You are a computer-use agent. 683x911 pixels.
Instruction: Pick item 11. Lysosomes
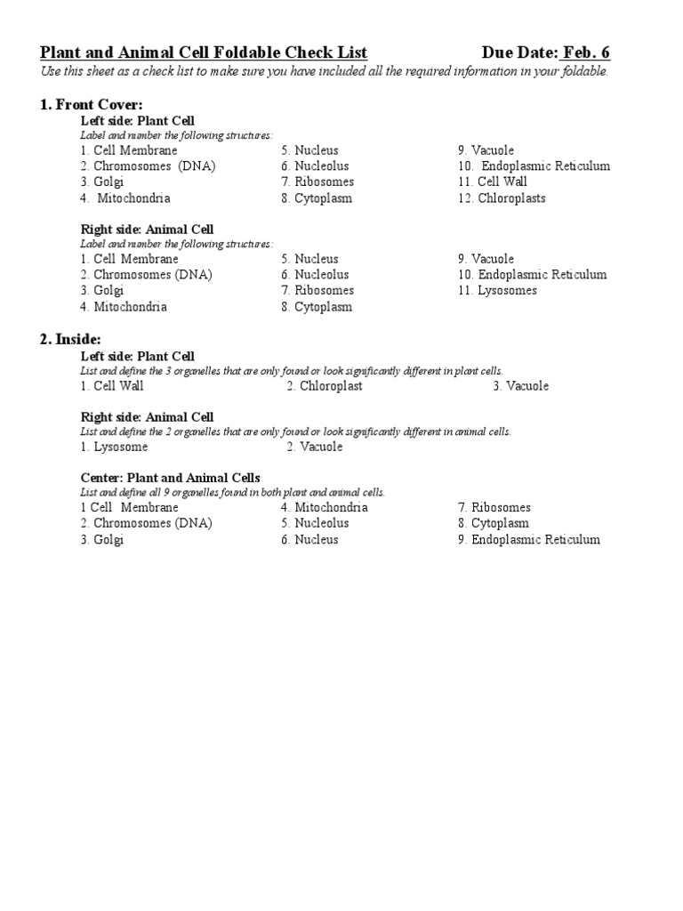[497, 291]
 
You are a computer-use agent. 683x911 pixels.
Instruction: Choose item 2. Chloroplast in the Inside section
[325, 386]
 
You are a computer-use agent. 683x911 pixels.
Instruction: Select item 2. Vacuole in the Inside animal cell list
[315, 447]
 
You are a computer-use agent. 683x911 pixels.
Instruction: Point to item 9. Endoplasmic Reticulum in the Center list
[528, 540]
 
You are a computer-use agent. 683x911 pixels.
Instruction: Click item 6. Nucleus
[309, 540]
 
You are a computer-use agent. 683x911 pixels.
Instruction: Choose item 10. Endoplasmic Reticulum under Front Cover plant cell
[534, 166]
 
